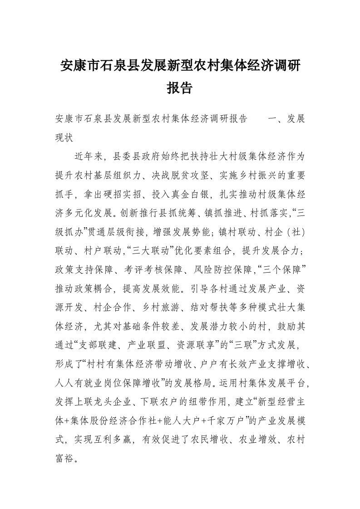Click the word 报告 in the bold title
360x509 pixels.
click(x=180, y=88)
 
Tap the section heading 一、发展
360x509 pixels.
click(x=286, y=119)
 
